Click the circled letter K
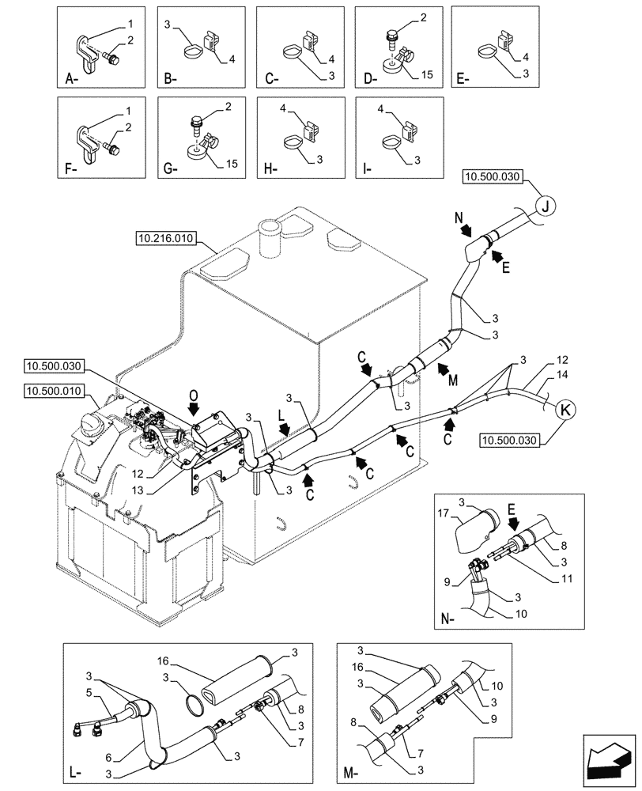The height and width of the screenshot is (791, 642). [x=566, y=411]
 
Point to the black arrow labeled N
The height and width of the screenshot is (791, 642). [x=468, y=230]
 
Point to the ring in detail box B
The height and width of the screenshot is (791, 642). [x=191, y=53]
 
